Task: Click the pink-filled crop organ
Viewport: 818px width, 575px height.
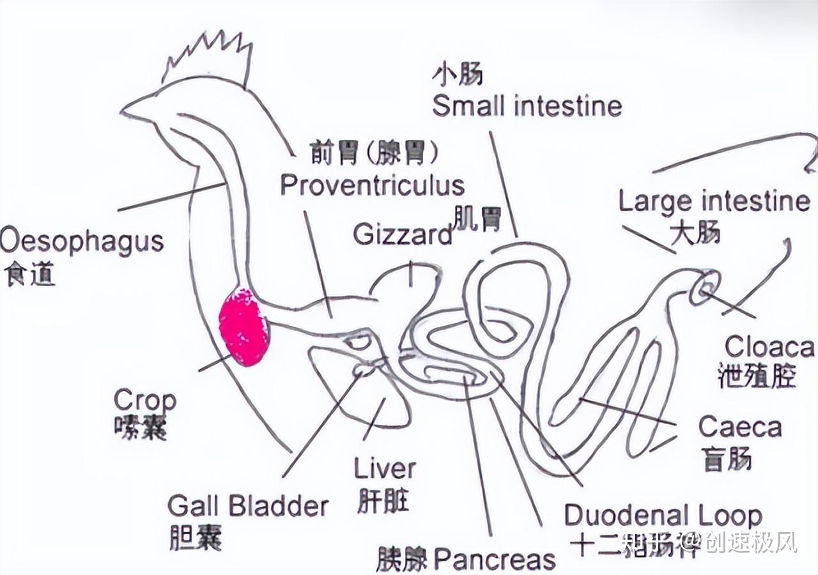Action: click(x=243, y=327)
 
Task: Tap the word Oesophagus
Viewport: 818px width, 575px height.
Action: click(x=82, y=243)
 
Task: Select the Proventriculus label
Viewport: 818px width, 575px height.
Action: click(x=372, y=185)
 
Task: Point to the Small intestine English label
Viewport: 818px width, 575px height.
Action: click(x=527, y=106)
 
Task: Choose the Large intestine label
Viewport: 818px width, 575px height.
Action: click(x=714, y=202)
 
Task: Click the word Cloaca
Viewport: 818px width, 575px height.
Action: click(x=769, y=347)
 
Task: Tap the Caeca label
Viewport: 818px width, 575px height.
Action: click(x=740, y=427)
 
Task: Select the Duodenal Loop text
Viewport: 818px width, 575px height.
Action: click(x=663, y=515)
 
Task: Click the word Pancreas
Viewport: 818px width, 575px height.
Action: click(x=495, y=560)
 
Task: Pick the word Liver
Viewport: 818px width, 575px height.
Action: click(x=385, y=469)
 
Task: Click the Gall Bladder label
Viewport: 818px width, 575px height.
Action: click(x=248, y=506)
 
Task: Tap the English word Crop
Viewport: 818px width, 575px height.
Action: click(x=144, y=401)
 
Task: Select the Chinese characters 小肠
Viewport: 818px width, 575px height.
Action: click(x=457, y=75)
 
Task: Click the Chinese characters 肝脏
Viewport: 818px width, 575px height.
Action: click(x=383, y=502)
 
